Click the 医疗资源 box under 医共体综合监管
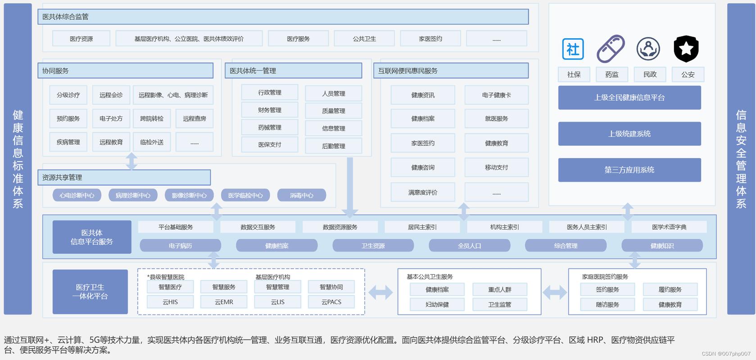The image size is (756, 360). [81, 39]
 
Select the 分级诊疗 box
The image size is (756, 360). [68, 95]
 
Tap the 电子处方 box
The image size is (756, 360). [111, 118]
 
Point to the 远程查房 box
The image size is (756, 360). [195, 118]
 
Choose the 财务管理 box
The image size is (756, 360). [269, 110]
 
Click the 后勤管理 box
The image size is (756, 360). [333, 146]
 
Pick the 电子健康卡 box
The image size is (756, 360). [496, 95]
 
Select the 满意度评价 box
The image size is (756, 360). [423, 192]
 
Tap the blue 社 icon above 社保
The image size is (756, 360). [573, 49]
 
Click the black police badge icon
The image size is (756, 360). [686, 49]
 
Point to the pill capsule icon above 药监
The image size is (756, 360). [611, 49]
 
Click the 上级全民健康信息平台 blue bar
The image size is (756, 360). [629, 97]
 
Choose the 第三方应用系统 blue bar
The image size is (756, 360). [629, 170]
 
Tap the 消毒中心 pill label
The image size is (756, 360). [301, 195]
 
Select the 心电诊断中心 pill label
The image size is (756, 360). [77, 195]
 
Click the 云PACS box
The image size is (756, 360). [331, 302]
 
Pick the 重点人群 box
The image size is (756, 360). [499, 289]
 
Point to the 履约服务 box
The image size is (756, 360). [670, 289]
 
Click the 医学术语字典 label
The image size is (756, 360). [669, 227]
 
